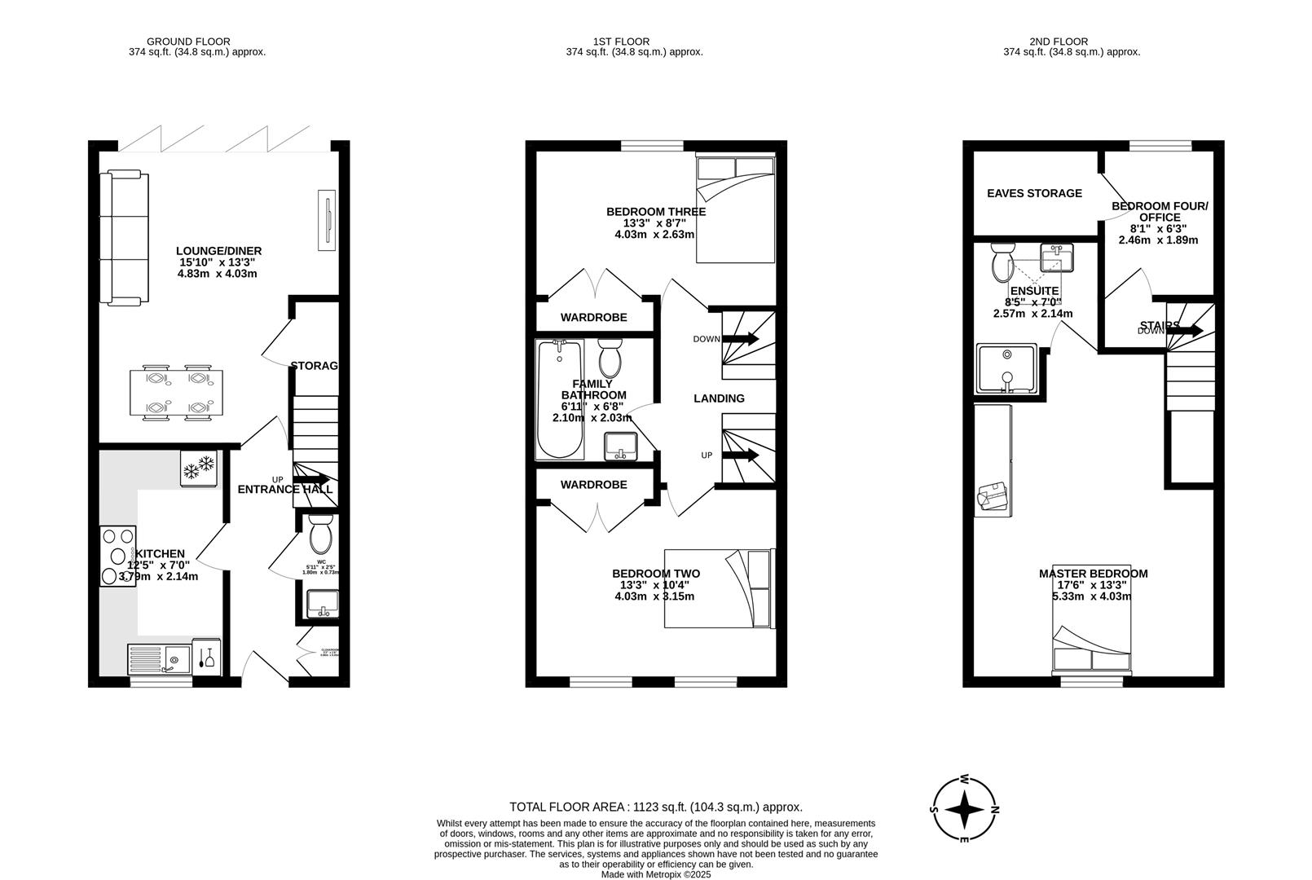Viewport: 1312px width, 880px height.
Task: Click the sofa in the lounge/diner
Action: [x=125, y=237]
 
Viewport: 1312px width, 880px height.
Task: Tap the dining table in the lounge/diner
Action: [x=177, y=394]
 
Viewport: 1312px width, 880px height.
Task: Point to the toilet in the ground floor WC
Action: [x=321, y=535]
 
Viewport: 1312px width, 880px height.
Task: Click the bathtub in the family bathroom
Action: [x=559, y=399]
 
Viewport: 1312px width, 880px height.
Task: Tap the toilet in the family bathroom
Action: [x=610, y=359]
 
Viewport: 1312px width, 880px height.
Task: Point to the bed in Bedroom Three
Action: [x=735, y=209]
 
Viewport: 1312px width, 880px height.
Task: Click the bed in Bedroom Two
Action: [x=718, y=589]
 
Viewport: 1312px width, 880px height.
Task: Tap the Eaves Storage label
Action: [x=1034, y=193]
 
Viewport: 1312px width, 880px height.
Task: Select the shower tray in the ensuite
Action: [x=1007, y=368]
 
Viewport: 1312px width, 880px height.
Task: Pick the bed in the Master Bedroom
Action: [x=1092, y=649]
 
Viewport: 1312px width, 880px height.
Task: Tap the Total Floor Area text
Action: [x=655, y=807]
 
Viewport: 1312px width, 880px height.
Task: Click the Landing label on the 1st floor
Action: [x=719, y=398]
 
